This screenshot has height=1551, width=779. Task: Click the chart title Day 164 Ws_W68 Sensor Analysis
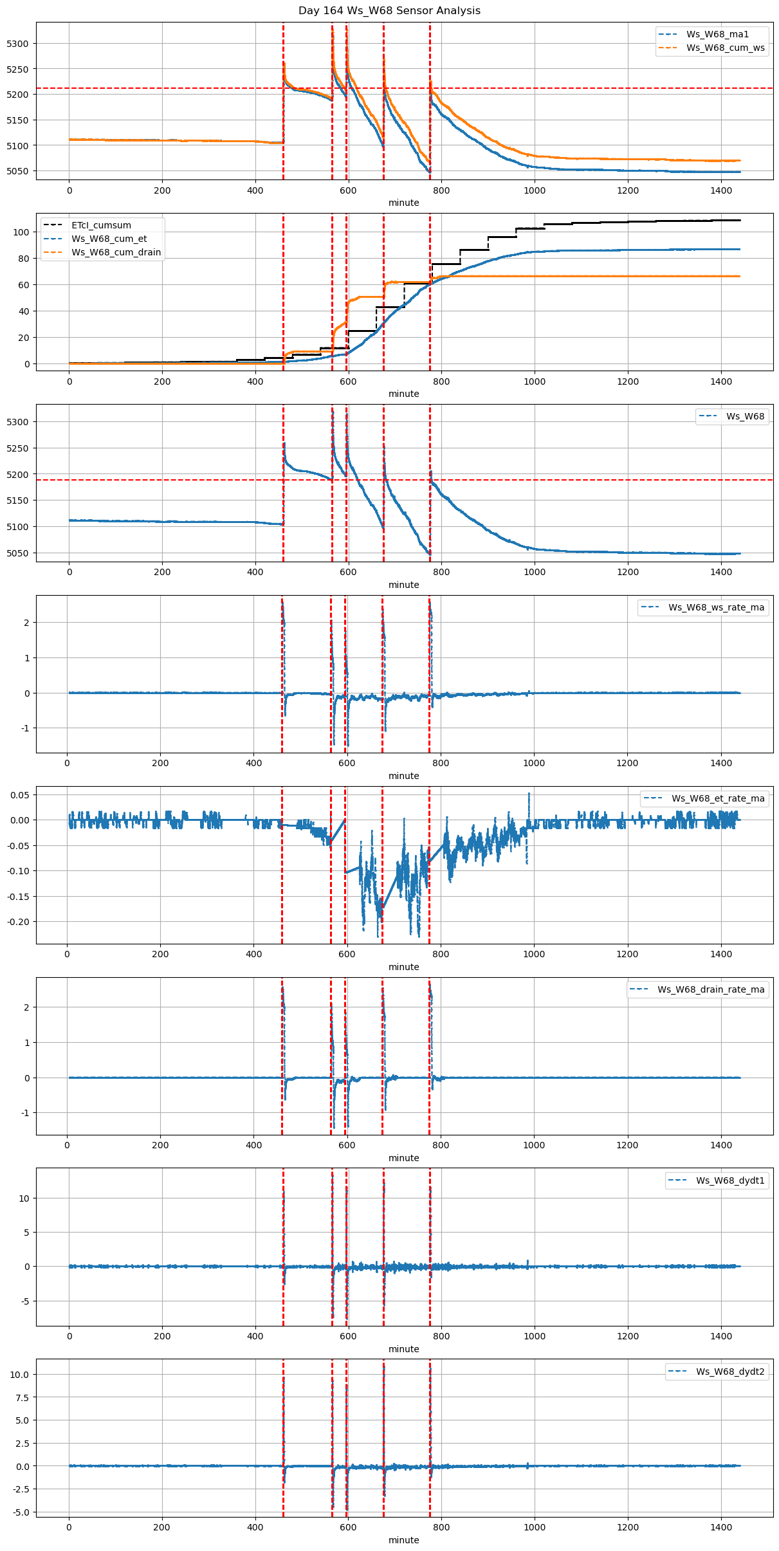click(389, 11)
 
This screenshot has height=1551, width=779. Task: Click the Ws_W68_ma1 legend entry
click(717, 34)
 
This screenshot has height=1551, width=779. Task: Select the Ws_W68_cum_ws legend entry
click(725, 48)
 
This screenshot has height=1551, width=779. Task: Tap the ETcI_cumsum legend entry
click(101, 225)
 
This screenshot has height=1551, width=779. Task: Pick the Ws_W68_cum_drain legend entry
click(116, 252)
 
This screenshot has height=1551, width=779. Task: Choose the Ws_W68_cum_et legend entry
click(109, 239)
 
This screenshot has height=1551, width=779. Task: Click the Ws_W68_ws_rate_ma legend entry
click(716, 607)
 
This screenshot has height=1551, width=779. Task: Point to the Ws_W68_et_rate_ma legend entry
click(718, 798)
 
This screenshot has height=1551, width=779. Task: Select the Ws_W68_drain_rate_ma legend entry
click(711, 989)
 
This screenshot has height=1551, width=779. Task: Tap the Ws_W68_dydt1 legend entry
click(730, 1180)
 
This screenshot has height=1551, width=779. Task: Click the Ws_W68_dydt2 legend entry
click(730, 1372)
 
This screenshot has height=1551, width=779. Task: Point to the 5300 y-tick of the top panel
click(17, 44)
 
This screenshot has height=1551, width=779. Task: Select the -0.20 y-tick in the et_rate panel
click(19, 922)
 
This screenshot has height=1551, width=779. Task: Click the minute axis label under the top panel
click(403, 203)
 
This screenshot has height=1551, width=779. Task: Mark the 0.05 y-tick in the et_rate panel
click(20, 795)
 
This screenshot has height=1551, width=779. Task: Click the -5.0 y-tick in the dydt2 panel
click(21, 1512)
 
